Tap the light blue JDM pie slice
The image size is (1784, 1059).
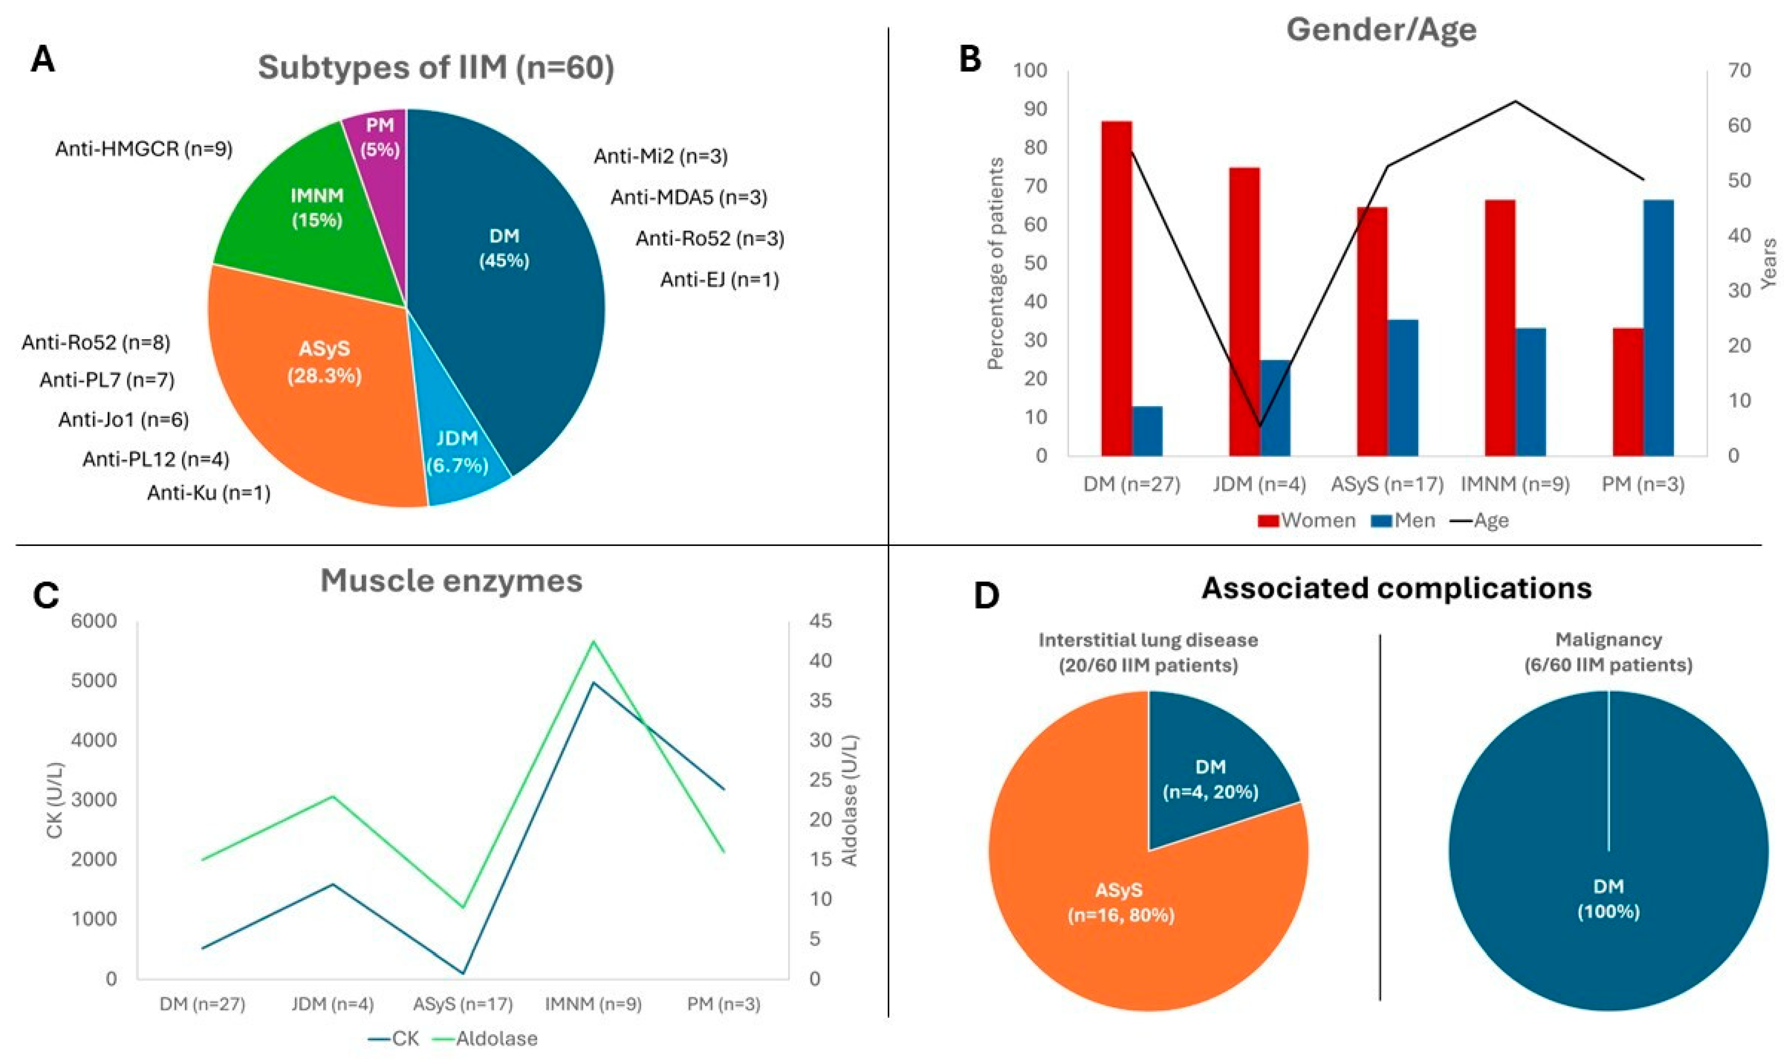coord(460,457)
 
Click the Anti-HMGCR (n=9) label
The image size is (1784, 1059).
coord(144,149)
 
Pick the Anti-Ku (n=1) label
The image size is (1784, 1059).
coord(209,492)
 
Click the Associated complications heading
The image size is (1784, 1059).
coord(1397,588)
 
